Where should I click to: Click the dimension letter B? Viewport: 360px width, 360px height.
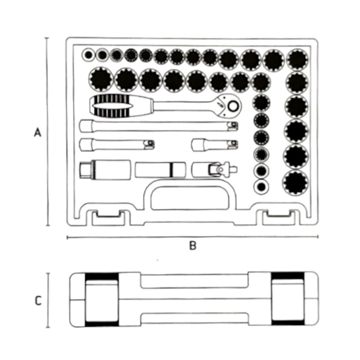tap(192, 246)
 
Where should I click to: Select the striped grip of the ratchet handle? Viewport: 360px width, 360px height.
tap(113, 105)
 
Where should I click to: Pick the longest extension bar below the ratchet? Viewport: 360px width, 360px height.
tap(158, 126)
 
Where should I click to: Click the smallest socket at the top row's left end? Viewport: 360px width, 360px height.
tap(89, 55)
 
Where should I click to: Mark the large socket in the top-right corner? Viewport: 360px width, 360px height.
tap(297, 59)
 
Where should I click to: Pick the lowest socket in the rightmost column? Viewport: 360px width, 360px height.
tap(296, 181)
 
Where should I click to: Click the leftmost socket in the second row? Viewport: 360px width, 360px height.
tap(101, 79)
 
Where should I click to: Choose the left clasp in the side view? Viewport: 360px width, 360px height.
tap(102, 300)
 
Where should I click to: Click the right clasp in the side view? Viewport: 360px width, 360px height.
tap(287, 300)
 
